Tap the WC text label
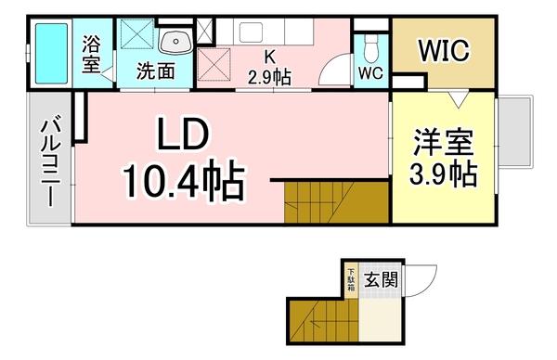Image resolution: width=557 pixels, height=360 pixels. [x=369, y=71]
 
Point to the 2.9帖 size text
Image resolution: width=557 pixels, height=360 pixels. [x=269, y=75]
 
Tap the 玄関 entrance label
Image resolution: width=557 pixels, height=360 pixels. [x=382, y=279]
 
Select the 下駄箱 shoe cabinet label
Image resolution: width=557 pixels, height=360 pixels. [x=351, y=279]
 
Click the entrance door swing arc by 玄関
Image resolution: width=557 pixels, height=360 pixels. [x=422, y=276]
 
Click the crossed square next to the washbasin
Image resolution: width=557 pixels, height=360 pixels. [x=139, y=38]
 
